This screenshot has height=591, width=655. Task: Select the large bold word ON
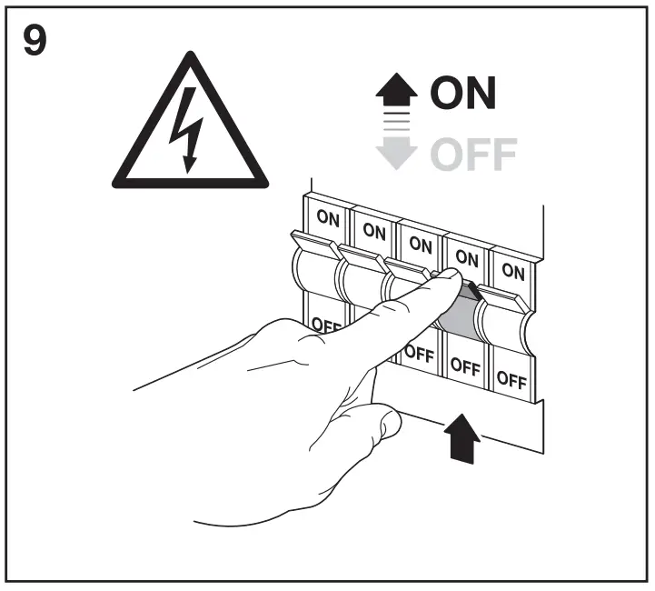pos(462,94)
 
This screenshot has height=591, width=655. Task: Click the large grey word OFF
pos(472,155)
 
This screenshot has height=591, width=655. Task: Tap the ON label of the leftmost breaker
pos(327,219)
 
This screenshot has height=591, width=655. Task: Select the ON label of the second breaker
pos(373,231)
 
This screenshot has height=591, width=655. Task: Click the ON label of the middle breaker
pos(420,244)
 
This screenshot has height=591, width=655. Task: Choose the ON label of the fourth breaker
pos(467,257)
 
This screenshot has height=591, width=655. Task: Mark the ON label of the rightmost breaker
pos(513,270)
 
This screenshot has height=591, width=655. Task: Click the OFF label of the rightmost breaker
pos(511,380)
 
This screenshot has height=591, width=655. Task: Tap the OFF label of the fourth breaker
pos(464,367)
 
